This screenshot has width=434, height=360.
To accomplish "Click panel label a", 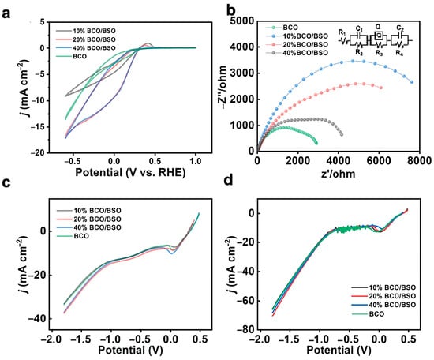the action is coord(6,14).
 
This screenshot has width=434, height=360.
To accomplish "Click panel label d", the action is coord(229,180).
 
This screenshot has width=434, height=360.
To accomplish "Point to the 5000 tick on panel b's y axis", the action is coord(241,21).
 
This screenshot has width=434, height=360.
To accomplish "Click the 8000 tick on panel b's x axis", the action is coord(420,160).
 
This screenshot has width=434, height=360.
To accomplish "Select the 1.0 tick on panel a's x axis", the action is coord(196,161).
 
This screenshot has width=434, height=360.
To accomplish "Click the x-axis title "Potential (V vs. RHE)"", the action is coord(130,173).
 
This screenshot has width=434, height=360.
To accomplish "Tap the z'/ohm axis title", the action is coord(339,174).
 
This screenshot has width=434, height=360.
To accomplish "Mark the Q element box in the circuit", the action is coord(379,36).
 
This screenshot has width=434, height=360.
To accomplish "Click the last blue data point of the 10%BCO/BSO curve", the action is coord(412,82).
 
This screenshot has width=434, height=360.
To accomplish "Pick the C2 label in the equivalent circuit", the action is coord(400,28).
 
